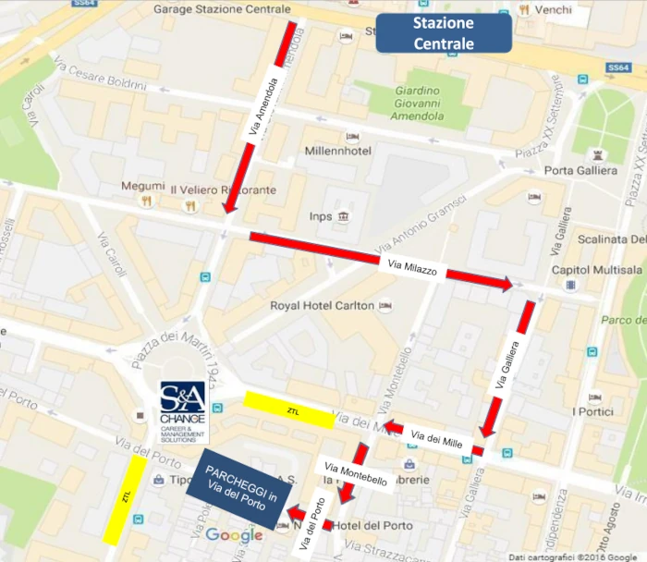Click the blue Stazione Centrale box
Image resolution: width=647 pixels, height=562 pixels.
[x=444, y=33]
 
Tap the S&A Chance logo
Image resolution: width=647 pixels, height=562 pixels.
[x=185, y=412]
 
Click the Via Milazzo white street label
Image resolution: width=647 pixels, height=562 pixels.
[x=414, y=269]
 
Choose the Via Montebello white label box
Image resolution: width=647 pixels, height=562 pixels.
[x=355, y=473]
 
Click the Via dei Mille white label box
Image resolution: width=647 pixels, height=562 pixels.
[x=436, y=439]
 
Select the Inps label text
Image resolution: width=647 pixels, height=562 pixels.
[x=320, y=216]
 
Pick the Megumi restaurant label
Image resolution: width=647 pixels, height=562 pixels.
[x=142, y=186]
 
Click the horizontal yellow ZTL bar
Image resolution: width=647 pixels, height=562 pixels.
[x=289, y=409]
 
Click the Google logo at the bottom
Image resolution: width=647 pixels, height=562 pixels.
[x=234, y=535]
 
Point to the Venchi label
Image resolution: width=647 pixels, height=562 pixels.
[x=553, y=9]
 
